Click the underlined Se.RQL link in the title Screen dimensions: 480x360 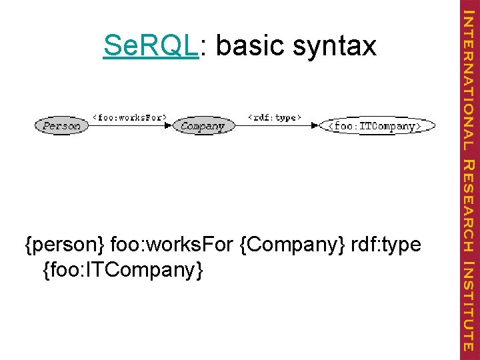pos(151,46)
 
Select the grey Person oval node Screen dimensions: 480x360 pos(61,125)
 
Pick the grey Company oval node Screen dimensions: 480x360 pos(203,125)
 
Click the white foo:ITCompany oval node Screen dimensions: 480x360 pos(377,125)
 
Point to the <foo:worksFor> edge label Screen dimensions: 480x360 pos(129,117)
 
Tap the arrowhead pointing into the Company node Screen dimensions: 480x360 pos(168,125)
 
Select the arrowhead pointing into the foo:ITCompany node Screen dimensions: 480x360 pos(316,125)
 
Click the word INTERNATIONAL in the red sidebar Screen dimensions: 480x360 pos(469,79)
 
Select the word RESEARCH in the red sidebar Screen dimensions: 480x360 pos(469,207)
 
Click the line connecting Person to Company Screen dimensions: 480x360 pos(127,125)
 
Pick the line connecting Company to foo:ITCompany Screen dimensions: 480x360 pos(273,125)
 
